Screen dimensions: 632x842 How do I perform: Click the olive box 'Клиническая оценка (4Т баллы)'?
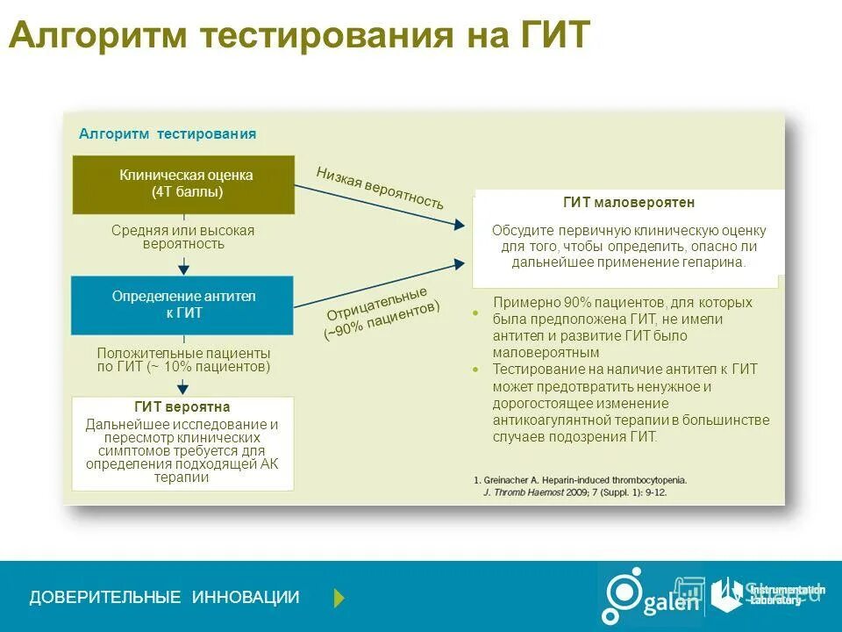click(x=183, y=184)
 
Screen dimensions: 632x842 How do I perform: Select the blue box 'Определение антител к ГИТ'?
click(x=183, y=305)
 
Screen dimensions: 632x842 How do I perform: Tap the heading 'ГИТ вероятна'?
click(x=182, y=407)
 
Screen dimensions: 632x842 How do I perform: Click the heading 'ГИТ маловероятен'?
click(x=629, y=203)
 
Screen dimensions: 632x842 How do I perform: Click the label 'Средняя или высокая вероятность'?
click(x=183, y=237)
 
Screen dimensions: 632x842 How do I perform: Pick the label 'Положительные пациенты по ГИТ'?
click(x=183, y=360)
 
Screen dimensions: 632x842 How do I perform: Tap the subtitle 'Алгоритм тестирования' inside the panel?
click(x=168, y=133)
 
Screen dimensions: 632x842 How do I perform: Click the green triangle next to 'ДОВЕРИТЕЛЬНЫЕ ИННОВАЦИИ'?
click(x=339, y=598)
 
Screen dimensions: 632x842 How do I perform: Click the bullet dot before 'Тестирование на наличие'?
click(x=475, y=370)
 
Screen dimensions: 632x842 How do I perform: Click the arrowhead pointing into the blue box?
click(x=183, y=269)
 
